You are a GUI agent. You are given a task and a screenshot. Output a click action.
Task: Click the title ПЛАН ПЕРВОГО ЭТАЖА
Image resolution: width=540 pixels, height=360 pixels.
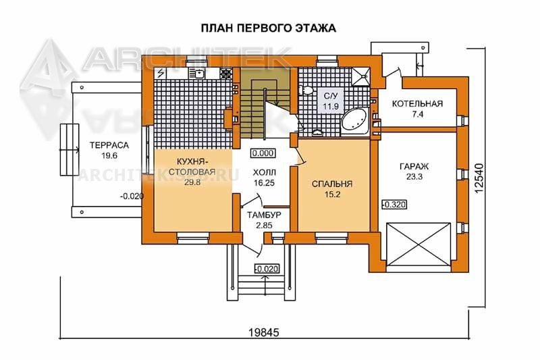[268, 28]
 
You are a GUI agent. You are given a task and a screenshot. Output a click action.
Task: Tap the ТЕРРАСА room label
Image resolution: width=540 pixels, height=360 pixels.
[109, 145]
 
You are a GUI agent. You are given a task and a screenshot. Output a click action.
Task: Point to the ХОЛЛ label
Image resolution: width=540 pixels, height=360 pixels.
[264, 172]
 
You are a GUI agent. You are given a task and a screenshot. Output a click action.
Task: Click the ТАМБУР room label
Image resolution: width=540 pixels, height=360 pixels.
[264, 215]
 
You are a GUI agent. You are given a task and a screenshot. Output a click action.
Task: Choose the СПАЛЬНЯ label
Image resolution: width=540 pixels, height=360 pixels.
[332, 184]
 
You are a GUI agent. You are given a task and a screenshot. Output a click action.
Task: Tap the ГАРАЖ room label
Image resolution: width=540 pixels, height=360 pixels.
[414, 167]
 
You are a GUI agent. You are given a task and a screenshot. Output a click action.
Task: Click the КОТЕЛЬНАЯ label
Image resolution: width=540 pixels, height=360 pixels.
[417, 104]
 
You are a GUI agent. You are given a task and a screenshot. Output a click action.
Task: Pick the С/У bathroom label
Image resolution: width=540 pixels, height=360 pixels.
[331, 96]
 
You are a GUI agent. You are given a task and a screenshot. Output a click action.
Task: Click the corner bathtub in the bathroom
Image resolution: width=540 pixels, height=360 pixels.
[355, 122]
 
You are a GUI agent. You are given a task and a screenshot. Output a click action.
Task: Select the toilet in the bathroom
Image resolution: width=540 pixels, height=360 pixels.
[306, 91]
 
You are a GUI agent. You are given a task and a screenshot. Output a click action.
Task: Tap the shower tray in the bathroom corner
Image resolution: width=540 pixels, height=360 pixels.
[361, 76]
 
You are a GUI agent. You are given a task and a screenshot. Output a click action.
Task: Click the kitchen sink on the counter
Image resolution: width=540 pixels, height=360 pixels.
[198, 73]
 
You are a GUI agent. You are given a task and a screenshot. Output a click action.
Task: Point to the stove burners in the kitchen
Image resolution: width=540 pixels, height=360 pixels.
[226, 74]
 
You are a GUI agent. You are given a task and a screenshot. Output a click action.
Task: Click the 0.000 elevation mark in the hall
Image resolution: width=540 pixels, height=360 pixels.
[263, 153]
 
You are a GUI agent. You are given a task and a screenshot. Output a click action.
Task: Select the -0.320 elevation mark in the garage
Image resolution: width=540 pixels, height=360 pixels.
[394, 205]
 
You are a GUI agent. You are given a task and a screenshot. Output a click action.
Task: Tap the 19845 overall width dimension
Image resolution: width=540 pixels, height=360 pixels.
[264, 332]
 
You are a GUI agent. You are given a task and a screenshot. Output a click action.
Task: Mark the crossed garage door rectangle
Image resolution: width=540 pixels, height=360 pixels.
[418, 245]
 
